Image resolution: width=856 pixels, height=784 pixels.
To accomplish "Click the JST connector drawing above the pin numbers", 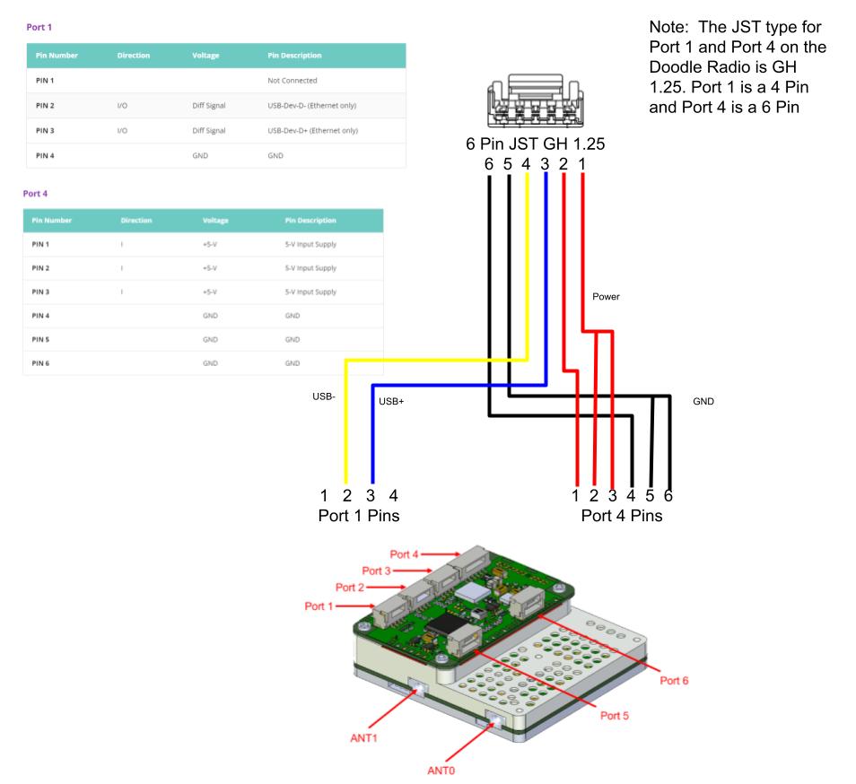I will point(536,106).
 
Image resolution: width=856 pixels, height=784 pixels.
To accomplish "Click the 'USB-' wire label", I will point(323,396).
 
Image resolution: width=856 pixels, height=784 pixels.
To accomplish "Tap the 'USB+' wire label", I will point(392,402).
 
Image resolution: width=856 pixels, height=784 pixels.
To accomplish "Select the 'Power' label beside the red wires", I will point(606,296).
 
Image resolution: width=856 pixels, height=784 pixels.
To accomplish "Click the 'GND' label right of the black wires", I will point(703,402).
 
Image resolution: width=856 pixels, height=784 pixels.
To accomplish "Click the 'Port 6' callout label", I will point(674,680).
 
